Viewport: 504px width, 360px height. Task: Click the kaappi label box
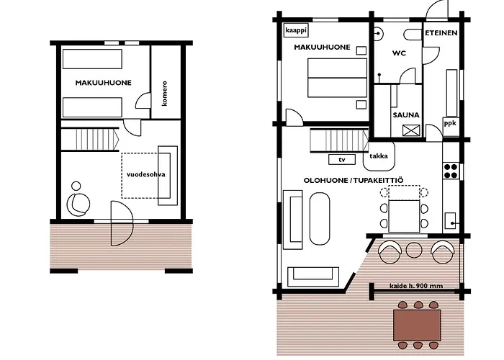click(296, 30)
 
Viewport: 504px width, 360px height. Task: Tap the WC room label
click(400, 53)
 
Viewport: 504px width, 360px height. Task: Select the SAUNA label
click(406, 114)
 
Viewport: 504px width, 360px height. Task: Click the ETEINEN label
click(441, 33)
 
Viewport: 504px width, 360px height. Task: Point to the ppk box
click(450, 122)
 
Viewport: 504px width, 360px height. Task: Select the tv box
click(341, 159)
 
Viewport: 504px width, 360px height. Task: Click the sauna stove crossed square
click(413, 130)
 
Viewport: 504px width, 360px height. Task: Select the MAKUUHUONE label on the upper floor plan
click(103, 83)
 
